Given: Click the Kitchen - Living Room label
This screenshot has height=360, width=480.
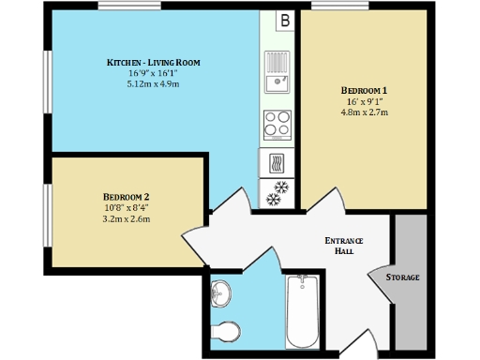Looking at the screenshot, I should (153, 63).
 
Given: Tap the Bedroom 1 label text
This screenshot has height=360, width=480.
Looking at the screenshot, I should (364, 90).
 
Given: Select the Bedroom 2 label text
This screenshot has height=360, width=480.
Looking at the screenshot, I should (127, 196).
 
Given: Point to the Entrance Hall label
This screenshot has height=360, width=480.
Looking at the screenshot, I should (343, 246).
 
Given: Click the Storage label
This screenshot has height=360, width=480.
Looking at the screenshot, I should (403, 277).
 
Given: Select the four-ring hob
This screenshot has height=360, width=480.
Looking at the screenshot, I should (277, 123).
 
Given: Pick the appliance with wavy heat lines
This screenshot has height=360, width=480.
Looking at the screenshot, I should (277, 163).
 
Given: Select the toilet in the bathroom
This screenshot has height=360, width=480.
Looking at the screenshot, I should (225, 330).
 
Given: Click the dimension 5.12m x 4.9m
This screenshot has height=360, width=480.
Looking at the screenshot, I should (153, 84).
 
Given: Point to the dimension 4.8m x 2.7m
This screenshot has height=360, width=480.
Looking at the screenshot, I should (364, 112).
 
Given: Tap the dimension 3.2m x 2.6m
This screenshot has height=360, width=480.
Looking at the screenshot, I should (127, 218).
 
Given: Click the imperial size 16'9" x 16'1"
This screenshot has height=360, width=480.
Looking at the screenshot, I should (153, 73).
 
